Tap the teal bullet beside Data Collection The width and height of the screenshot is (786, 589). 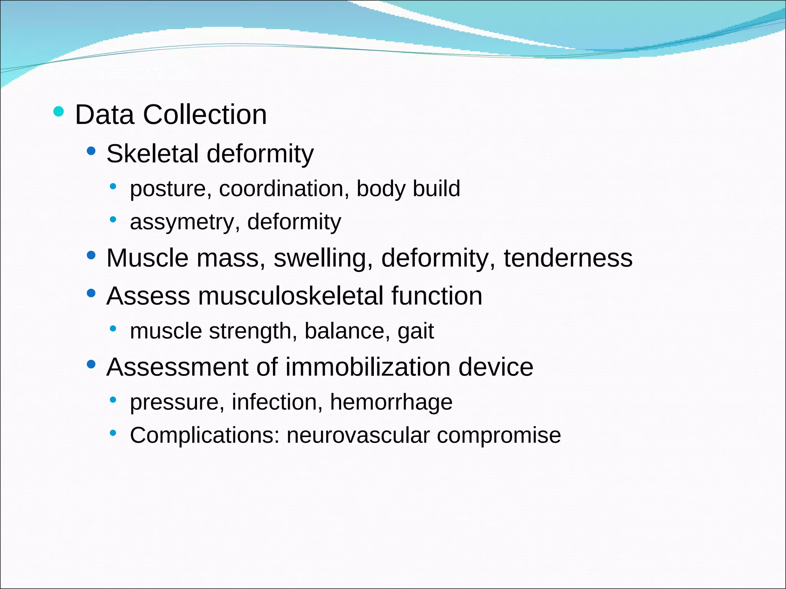click(x=58, y=112)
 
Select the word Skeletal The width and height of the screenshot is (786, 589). click(x=152, y=153)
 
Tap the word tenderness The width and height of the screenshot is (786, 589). click(x=568, y=258)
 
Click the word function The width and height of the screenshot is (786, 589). click(x=437, y=296)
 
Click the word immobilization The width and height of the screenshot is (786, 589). click(x=368, y=367)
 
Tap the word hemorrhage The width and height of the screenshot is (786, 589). click(x=391, y=402)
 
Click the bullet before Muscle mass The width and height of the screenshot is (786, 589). click(x=91, y=255)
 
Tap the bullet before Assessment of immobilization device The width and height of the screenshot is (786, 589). click(x=91, y=364)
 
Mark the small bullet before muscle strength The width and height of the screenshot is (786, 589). click(x=113, y=329)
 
